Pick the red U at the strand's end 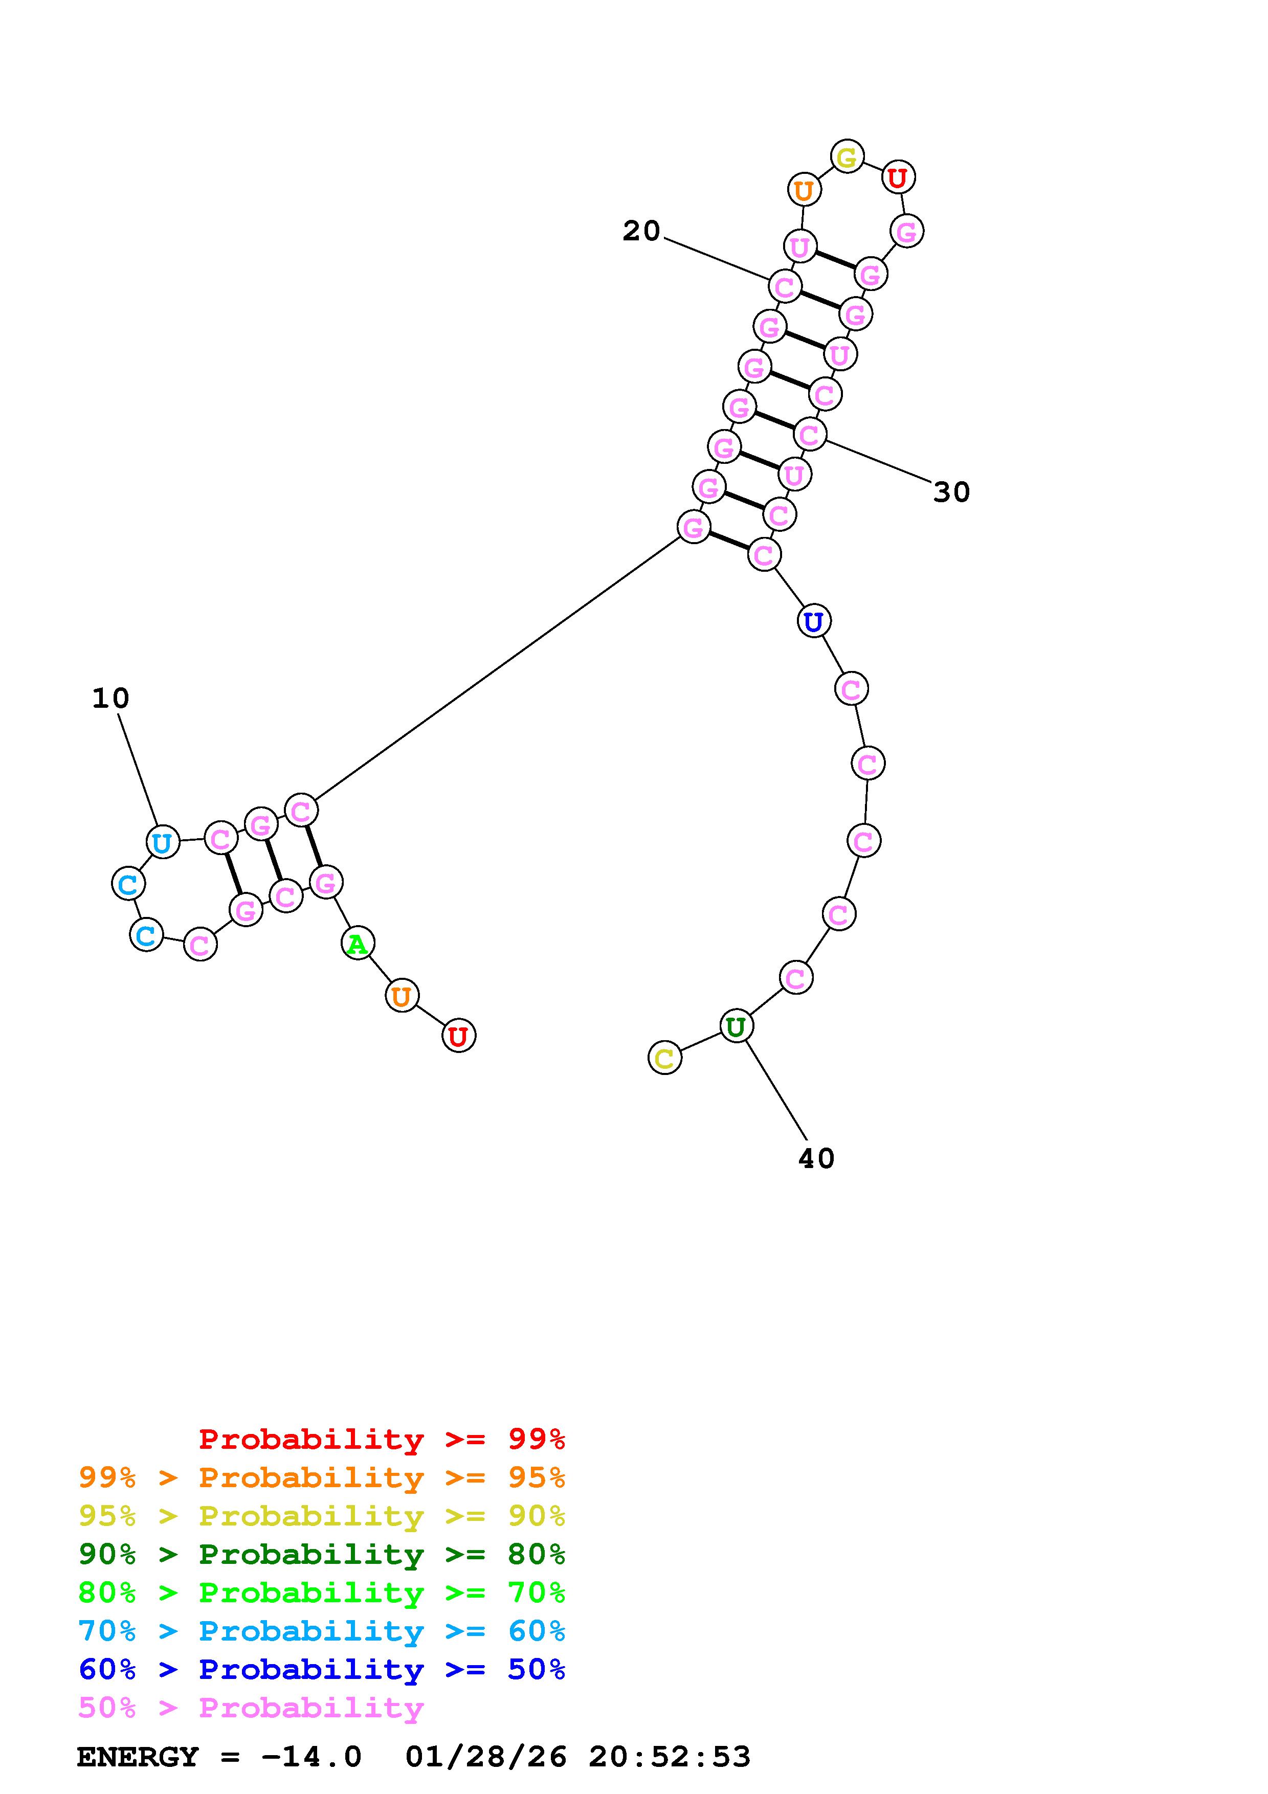coord(459,1036)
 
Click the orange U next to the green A coord(402,996)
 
